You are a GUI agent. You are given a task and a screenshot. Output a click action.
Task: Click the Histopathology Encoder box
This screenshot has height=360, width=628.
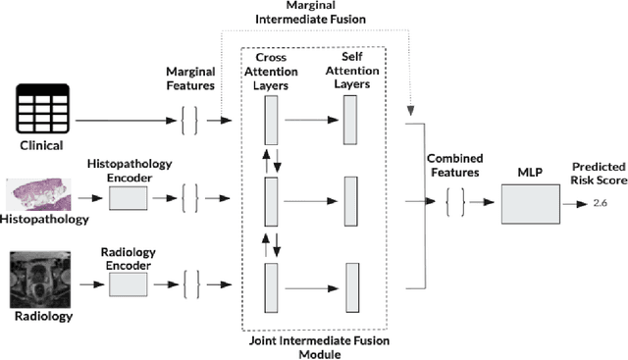[x=128, y=199]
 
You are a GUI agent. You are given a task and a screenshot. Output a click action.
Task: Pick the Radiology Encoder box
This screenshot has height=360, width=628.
[x=128, y=284]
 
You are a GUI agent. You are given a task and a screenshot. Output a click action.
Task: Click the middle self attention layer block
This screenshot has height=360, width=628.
[x=351, y=204]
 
